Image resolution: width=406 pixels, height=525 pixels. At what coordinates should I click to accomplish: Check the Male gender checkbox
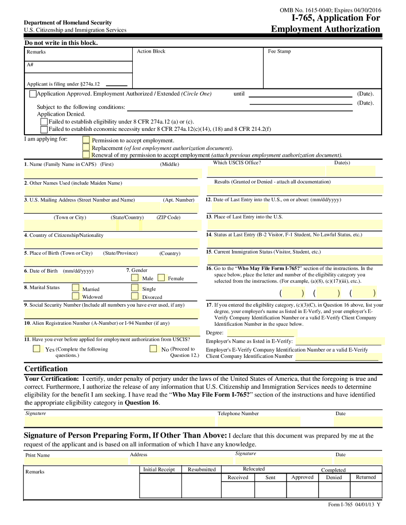[x=135, y=278]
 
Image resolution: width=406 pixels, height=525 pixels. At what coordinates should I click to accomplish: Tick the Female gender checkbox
[x=161, y=278]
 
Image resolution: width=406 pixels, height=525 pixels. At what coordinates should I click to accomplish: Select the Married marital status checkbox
[x=75, y=288]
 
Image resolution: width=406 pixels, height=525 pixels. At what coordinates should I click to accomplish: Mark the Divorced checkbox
[x=135, y=296]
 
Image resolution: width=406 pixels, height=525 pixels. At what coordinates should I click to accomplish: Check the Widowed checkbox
[x=75, y=296]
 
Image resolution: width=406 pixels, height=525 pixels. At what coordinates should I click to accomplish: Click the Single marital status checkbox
[x=135, y=288]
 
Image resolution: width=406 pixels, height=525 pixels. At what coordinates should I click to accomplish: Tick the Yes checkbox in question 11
[x=37, y=349]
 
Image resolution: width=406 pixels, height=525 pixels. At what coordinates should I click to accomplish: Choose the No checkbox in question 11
[x=153, y=349]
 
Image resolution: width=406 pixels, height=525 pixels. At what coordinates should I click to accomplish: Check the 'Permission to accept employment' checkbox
[x=86, y=140]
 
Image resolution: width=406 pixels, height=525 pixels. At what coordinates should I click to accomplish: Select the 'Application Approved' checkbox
[x=32, y=94]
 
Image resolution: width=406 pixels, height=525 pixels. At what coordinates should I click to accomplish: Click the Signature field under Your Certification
[x=119, y=421]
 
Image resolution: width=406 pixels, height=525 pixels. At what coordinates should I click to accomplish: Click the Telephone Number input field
[x=259, y=421]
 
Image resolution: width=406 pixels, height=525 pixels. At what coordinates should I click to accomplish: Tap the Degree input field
[x=255, y=333]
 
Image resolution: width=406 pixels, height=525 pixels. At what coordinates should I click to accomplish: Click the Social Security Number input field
[x=112, y=313]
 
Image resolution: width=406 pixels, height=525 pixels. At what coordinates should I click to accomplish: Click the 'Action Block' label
[x=151, y=51]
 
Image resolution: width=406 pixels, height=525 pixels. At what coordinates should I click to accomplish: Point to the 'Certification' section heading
[x=46, y=369]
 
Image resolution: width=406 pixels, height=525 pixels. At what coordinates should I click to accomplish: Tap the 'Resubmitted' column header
[x=202, y=470]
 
